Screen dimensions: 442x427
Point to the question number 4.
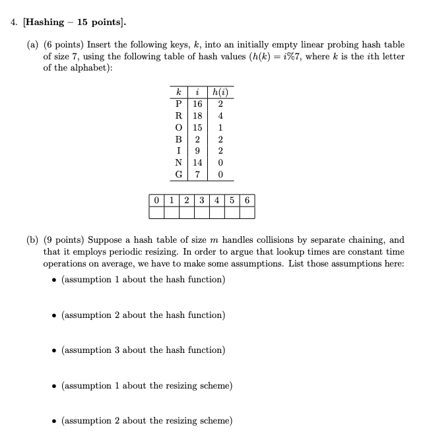tap(13, 22)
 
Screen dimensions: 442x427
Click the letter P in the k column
tap(178, 104)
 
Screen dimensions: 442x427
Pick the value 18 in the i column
tap(197, 115)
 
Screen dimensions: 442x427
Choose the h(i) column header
tap(220, 92)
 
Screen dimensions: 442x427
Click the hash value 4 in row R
tap(220, 115)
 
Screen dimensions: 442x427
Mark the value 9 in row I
tap(197, 151)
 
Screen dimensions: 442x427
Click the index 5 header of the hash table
tap(232, 200)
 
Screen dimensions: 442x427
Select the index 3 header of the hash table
tap(201, 200)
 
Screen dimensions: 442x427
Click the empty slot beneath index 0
tap(156, 212)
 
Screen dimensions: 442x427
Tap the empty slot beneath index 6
tap(247, 212)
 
